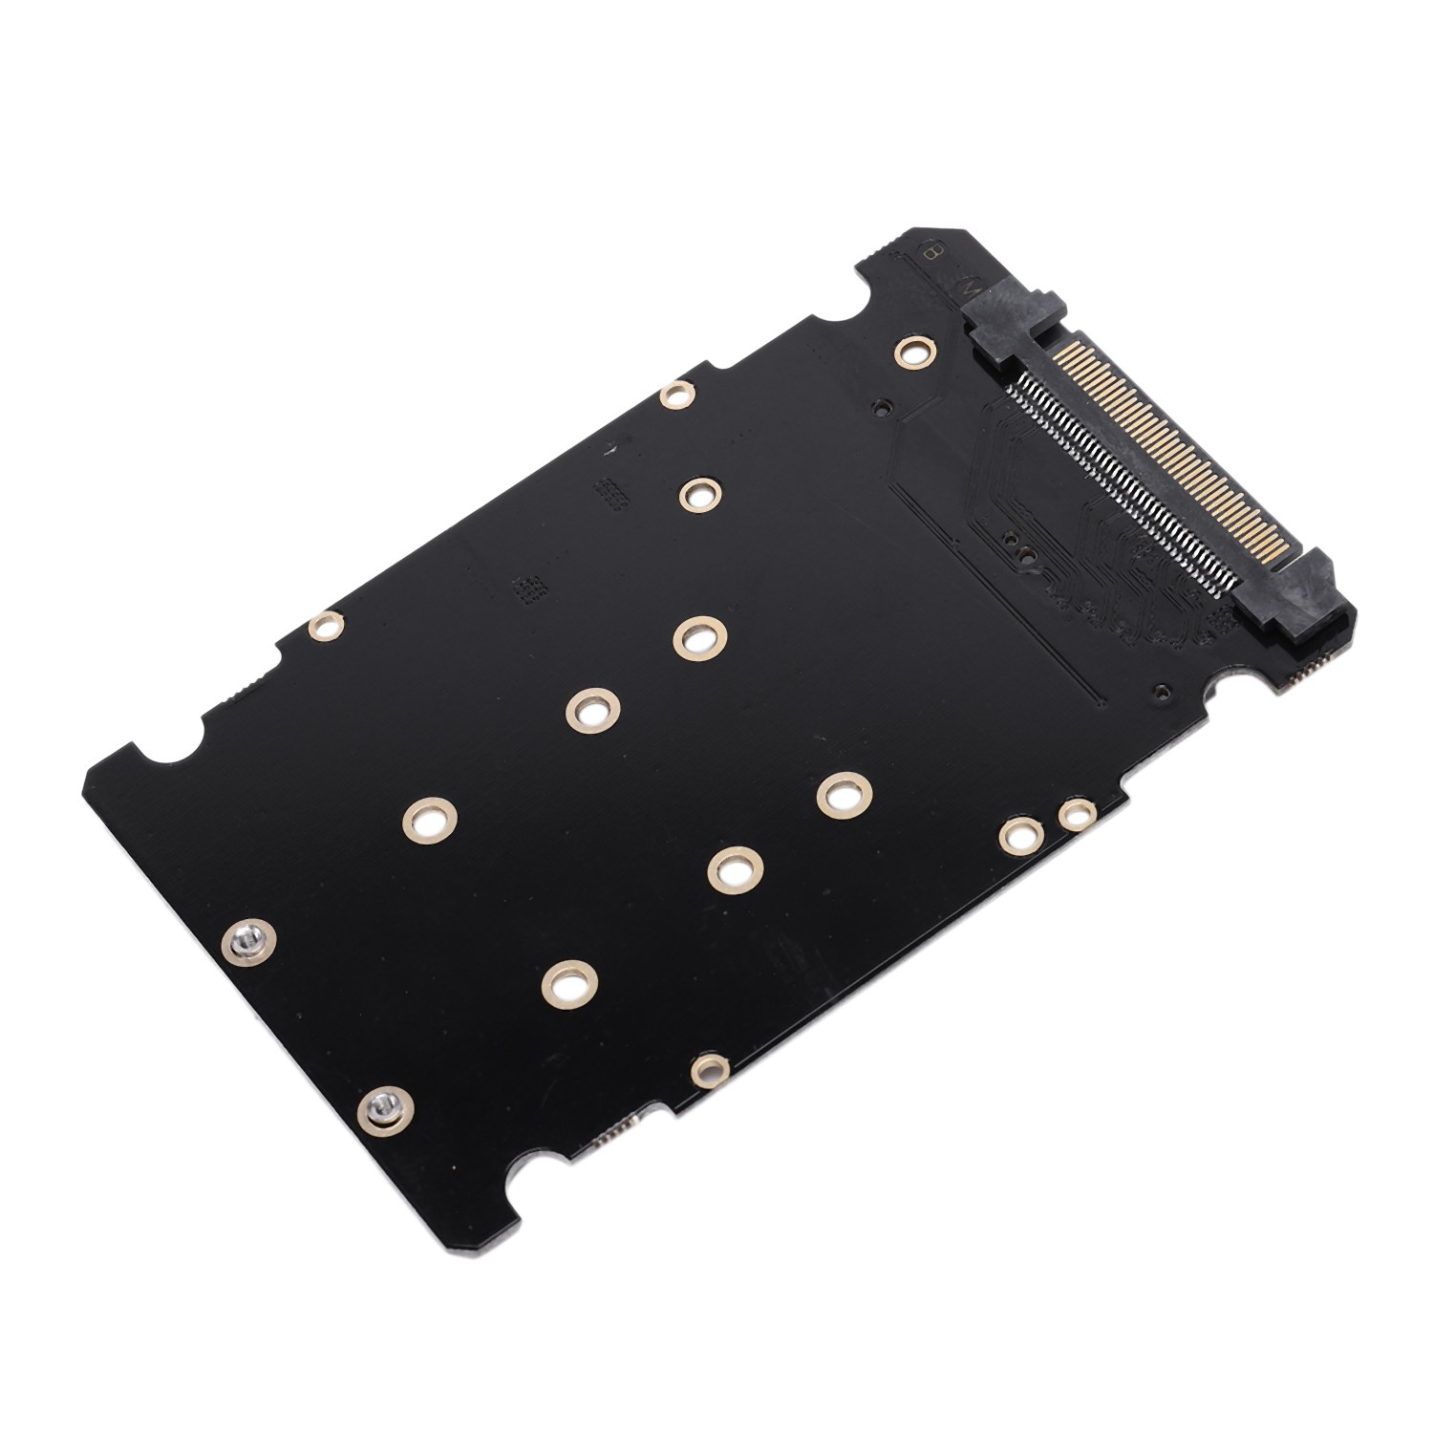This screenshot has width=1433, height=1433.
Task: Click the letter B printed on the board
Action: (931, 252)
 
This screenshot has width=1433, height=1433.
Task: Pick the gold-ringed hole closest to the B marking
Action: (914, 352)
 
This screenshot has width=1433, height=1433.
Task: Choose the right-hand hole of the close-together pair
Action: (1076, 814)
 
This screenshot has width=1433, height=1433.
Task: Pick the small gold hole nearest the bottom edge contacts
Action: (709, 1070)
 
